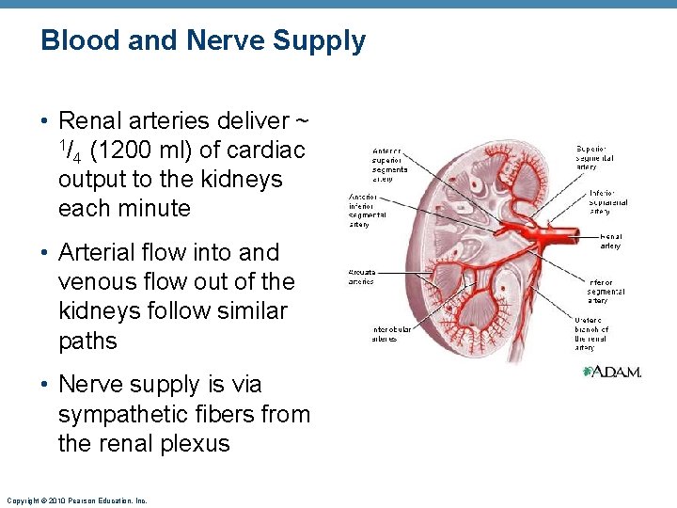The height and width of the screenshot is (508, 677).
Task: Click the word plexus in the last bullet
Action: point(194,443)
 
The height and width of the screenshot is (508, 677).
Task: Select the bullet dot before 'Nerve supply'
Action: point(45,386)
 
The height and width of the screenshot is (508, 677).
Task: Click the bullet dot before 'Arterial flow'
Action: point(45,253)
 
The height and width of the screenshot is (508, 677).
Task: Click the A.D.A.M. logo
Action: point(612,372)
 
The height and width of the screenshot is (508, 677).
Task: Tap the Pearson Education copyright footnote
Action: point(75,500)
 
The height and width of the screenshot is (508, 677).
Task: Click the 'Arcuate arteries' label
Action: point(361,277)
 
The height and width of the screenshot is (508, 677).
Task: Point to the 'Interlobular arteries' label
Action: point(371,333)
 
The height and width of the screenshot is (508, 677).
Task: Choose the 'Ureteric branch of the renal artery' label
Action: point(591,334)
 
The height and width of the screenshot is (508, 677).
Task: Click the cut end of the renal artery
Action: point(581,227)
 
